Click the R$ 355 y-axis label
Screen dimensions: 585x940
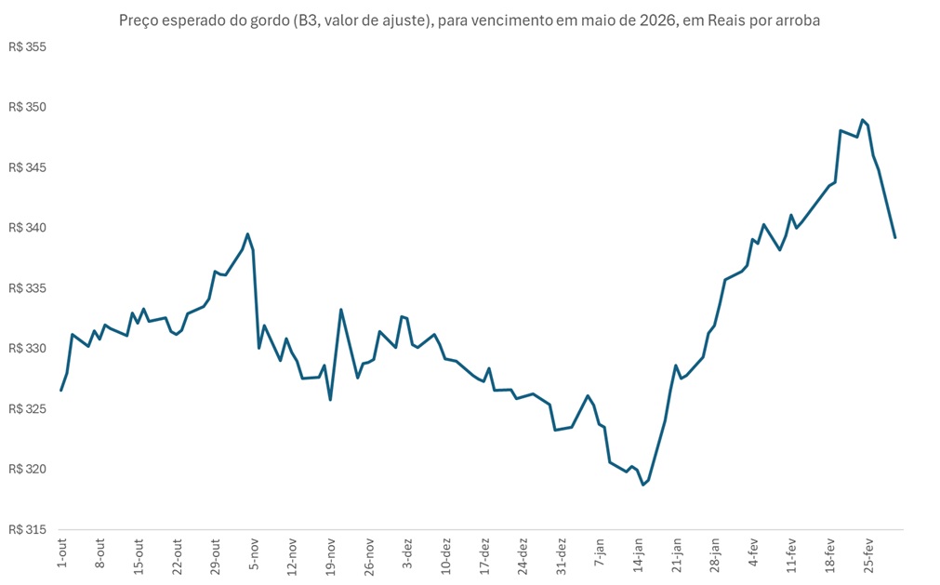coord(27,47)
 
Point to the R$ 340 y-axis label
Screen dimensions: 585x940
coord(27,228)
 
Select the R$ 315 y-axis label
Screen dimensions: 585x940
coord(27,529)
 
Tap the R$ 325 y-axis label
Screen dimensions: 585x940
coord(27,408)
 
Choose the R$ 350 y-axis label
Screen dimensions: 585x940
coord(27,108)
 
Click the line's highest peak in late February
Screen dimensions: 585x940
coord(863,120)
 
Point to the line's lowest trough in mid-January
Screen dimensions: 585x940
coord(642,485)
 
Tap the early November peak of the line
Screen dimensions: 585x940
coord(247,233)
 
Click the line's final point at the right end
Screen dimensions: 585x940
coord(895,238)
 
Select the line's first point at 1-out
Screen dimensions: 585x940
coord(61,390)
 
